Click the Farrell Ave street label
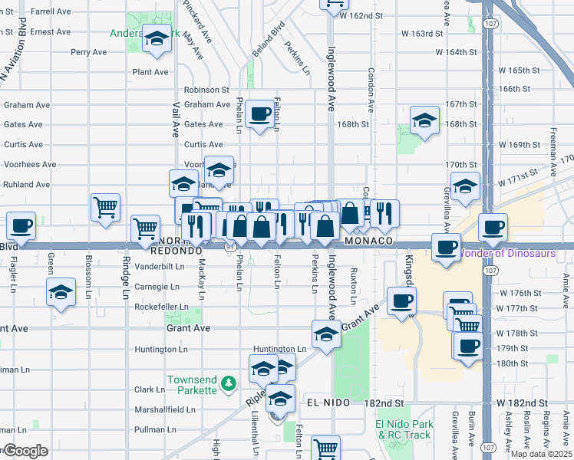click(51, 12)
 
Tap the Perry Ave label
click(89, 52)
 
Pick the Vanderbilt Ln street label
click(160, 267)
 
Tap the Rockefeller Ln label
click(161, 307)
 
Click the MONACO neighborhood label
click(369, 241)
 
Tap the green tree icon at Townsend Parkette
click(227, 383)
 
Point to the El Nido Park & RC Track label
click(404, 429)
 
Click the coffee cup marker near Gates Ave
click(261, 114)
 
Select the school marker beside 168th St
click(424, 120)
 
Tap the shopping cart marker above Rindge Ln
click(145, 228)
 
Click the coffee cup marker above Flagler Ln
click(21, 226)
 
